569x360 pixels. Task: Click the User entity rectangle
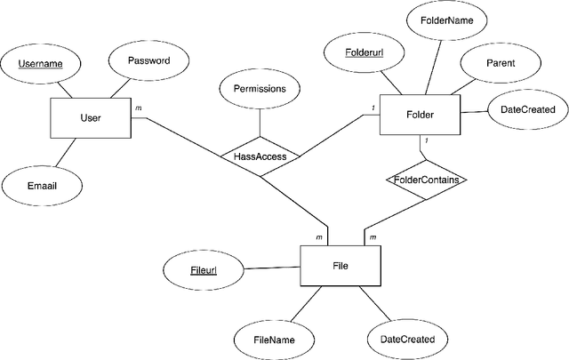[90, 117]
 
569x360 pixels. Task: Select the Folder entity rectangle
[420, 115]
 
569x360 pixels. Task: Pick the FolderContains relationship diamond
[427, 180]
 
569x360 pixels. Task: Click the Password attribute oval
[148, 61]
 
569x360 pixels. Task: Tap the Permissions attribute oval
[259, 90]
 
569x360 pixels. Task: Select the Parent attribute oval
[501, 64]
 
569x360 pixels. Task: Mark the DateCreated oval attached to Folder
[528, 109]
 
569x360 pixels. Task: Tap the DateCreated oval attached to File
[407, 339]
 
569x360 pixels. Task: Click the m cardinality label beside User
[138, 108]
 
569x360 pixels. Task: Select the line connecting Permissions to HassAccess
[260, 122]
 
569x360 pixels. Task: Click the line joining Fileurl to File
[274, 267]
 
